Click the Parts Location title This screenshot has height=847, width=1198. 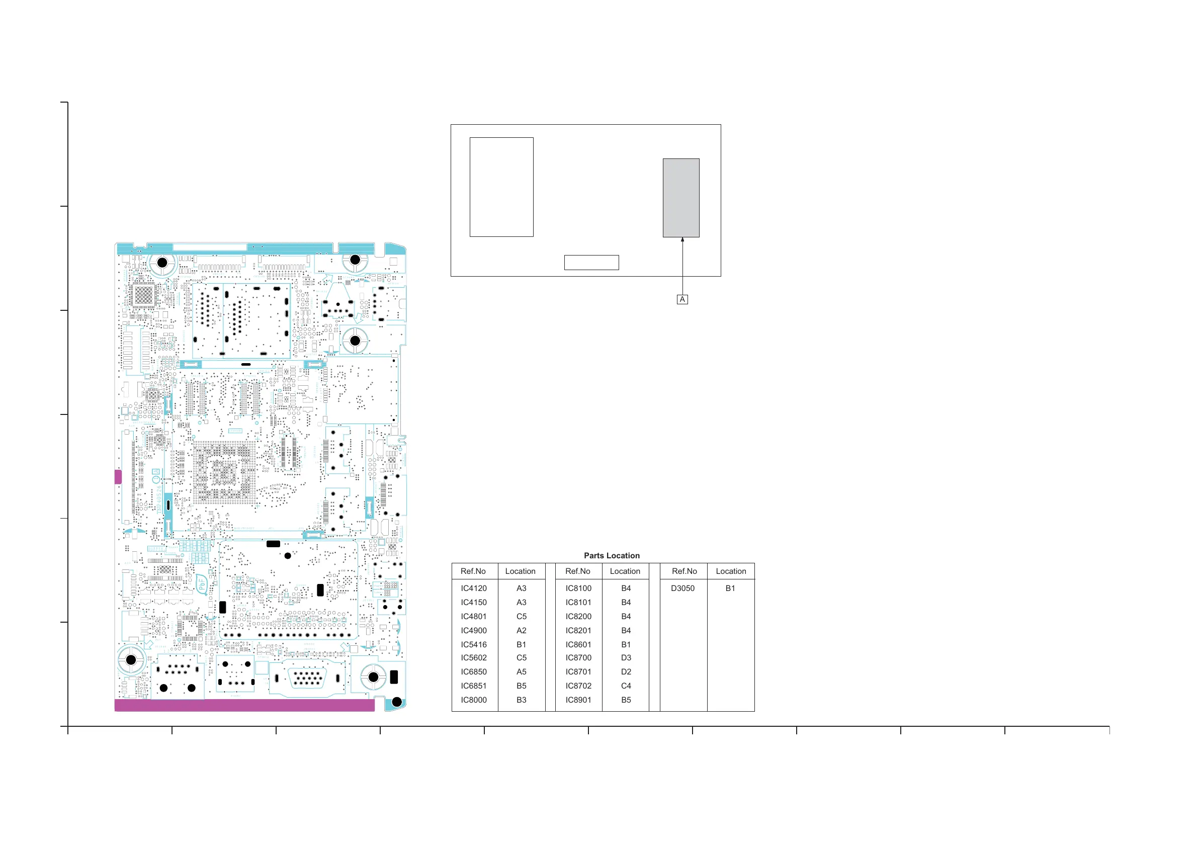pyautogui.click(x=612, y=556)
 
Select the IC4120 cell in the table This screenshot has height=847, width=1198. pyautogui.click(x=473, y=588)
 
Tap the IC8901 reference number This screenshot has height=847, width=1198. pyautogui.click(x=578, y=700)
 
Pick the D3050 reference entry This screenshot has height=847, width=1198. pyautogui.click(x=682, y=588)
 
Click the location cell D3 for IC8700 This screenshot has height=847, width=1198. pyautogui.click(x=626, y=657)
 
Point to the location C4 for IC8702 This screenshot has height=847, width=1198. pyautogui.click(x=626, y=686)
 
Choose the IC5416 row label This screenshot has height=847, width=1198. pyautogui.click(x=473, y=644)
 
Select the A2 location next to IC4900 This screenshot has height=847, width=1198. pyautogui.click(x=521, y=630)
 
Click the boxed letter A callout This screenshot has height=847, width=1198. pyautogui.click(x=682, y=300)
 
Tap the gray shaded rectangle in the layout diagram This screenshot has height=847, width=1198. pyautogui.click(x=681, y=198)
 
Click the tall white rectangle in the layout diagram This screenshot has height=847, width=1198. pyautogui.click(x=501, y=187)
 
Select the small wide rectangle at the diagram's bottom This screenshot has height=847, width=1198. pyautogui.click(x=591, y=263)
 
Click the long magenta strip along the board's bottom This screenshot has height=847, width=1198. pyautogui.click(x=244, y=705)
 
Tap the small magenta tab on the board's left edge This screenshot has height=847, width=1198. pyautogui.click(x=118, y=476)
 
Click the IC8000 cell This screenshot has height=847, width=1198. pyautogui.click(x=473, y=700)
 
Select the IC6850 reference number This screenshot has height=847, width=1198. pyautogui.click(x=473, y=671)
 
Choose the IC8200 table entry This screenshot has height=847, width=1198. pyautogui.click(x=578, y=616)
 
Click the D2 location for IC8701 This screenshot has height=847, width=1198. pyautogui.click(x=626, y=671)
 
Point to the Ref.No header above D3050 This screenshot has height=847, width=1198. pyautogui.click(x=684, y=571)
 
